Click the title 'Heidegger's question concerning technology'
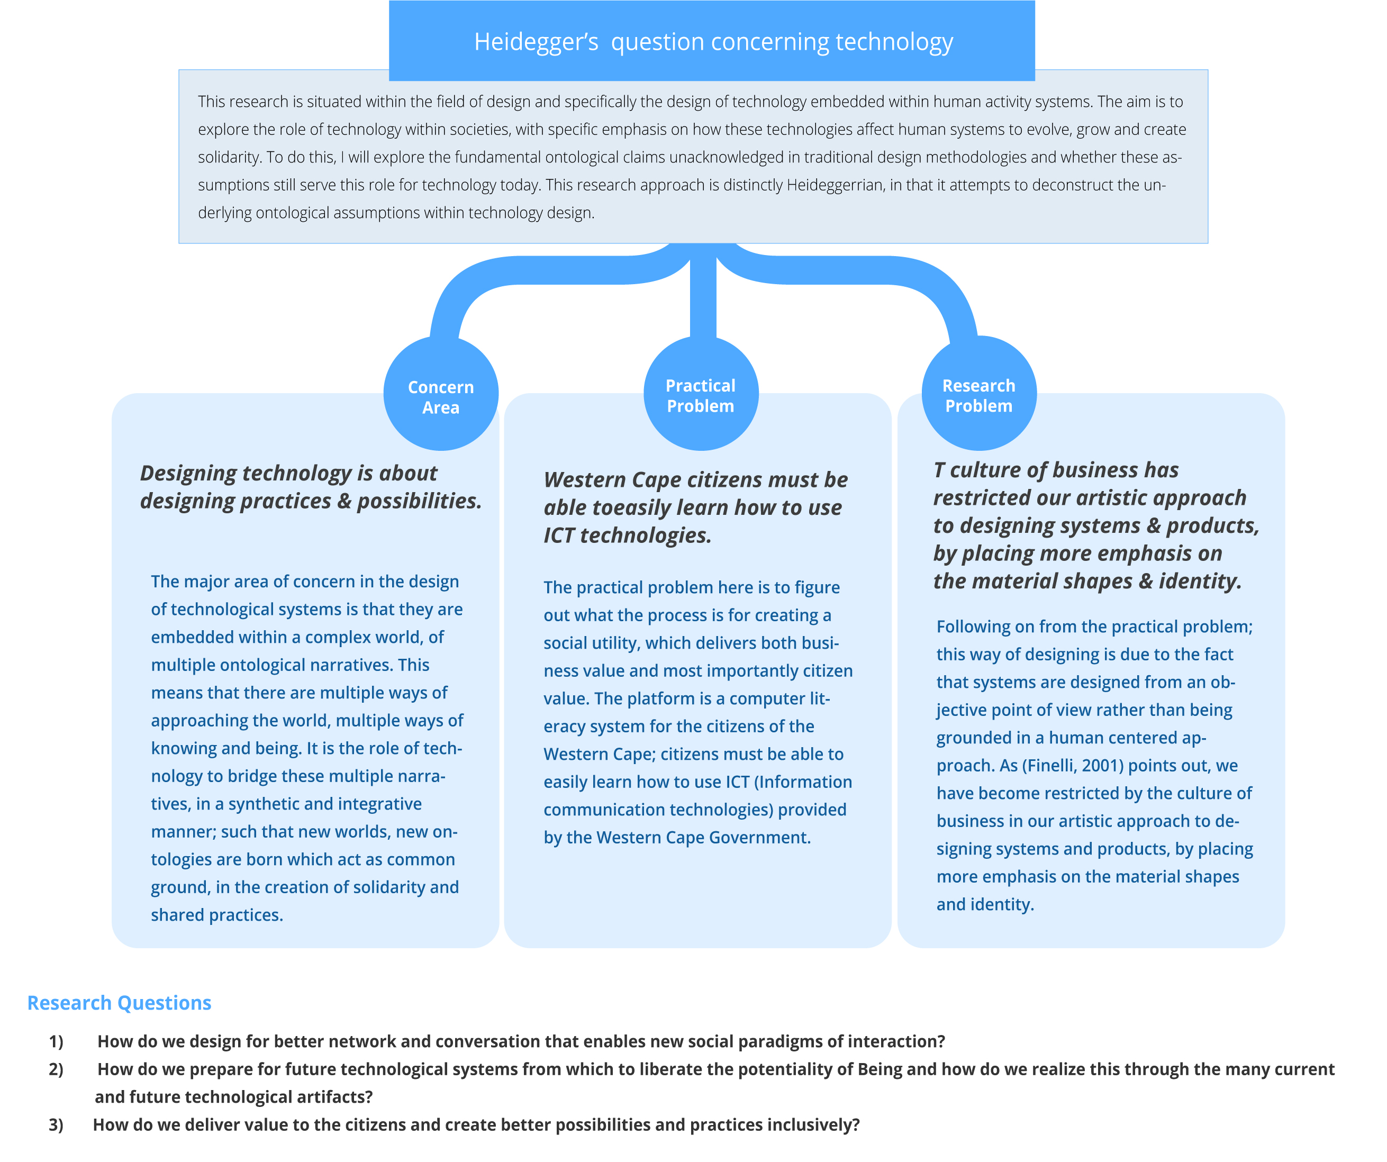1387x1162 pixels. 713,42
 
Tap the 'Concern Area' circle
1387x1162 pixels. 440,393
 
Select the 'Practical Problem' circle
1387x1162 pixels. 701,393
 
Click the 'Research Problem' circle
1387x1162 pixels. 979,393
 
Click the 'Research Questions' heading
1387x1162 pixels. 120,1003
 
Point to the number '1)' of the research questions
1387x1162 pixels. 56,1042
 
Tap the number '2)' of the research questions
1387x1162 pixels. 56,1069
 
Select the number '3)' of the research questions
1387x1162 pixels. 56,1125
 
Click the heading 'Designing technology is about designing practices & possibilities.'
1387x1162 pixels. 311,487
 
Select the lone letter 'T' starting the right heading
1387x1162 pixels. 939,470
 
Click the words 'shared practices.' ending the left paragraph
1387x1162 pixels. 216,915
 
